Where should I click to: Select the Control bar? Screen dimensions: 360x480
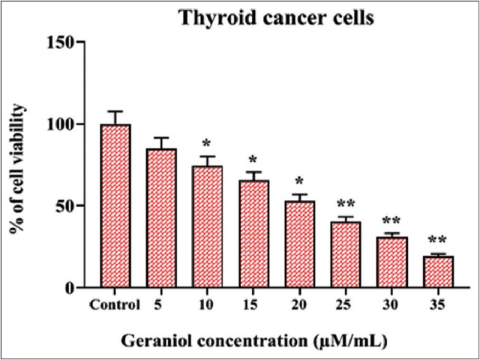(115, 205)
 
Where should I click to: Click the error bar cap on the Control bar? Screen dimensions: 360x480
(115, 111)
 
